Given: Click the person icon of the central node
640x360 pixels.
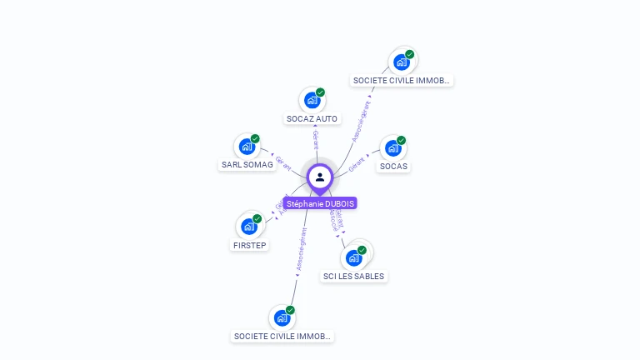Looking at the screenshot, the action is (x=320, y=177).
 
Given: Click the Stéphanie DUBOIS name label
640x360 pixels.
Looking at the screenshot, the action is (x=320, y=203).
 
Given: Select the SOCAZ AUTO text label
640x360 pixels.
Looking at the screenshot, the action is (x=312, y=119).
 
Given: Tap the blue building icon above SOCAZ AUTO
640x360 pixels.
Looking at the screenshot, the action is (x=312, y=101).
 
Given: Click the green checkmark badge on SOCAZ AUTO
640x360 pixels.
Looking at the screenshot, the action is (x=321, y=92).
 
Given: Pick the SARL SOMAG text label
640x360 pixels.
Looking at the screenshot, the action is (x=247, y=165).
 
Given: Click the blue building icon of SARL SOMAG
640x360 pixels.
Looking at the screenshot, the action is (x=247, y=147).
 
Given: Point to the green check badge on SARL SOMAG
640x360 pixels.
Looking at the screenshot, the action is (x=255, y=138).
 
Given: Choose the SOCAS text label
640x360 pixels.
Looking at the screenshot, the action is (x=394, y=167).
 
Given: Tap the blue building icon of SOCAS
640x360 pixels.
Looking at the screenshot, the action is (x=392, y=149).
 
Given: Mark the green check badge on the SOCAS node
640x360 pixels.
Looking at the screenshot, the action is (x=402, y=141).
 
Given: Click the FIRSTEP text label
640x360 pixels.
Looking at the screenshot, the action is (x=249, y=245).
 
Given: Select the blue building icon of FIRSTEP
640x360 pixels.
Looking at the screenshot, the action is (x=248, y=226).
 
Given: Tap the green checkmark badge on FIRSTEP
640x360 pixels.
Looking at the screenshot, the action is (x=257, y=218).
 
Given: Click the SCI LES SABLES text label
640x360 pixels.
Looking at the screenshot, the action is (x=354, y=276).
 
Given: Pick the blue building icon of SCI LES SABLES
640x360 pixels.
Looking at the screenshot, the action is (x=353, y=257).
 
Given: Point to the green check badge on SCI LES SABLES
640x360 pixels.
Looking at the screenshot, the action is (x=362, y=250).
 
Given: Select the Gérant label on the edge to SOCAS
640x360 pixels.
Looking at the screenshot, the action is (x=357, y=163).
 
